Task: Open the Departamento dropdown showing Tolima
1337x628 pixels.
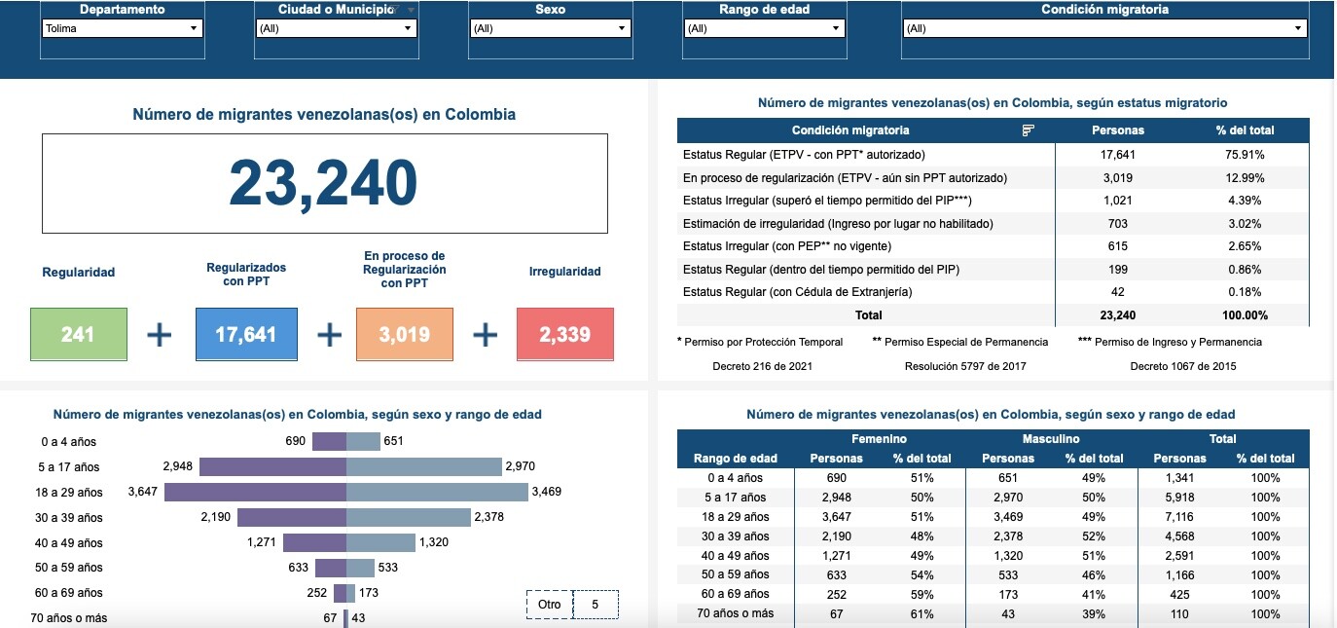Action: [x=122, y=28]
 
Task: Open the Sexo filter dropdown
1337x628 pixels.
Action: [x=550, y=28]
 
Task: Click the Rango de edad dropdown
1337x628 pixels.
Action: [x=764, y=28]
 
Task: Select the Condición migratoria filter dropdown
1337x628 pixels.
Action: [x=1104, y=28]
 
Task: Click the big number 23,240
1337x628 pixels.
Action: [x=324, y=183]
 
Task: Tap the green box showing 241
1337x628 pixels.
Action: [x=78, y=334]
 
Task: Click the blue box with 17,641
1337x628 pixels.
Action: [x=246, y=334]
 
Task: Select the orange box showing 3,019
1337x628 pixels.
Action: [x=404, y=334]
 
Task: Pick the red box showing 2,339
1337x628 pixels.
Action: [x=564, y=334]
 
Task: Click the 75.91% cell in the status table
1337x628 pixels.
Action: [x=1245, y=154]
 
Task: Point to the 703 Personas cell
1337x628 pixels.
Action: [x=1117, y=223]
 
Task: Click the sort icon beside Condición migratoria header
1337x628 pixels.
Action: [x=1029, y=130]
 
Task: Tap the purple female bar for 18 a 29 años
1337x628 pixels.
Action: [x=255, y=492]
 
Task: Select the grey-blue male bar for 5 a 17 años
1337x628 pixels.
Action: [x=423, y=466]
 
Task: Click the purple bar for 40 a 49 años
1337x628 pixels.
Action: [x=314, y=542]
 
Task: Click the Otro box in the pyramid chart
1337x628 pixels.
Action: [x=550, y=605]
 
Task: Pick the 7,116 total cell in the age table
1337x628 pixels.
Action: [x=1179, y=516]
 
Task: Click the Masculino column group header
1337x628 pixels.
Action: [x=1051, y=439]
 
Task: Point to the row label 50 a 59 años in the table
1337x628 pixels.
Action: [x=735, y=574]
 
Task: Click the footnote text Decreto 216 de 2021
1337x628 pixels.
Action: [x=762, y=366]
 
